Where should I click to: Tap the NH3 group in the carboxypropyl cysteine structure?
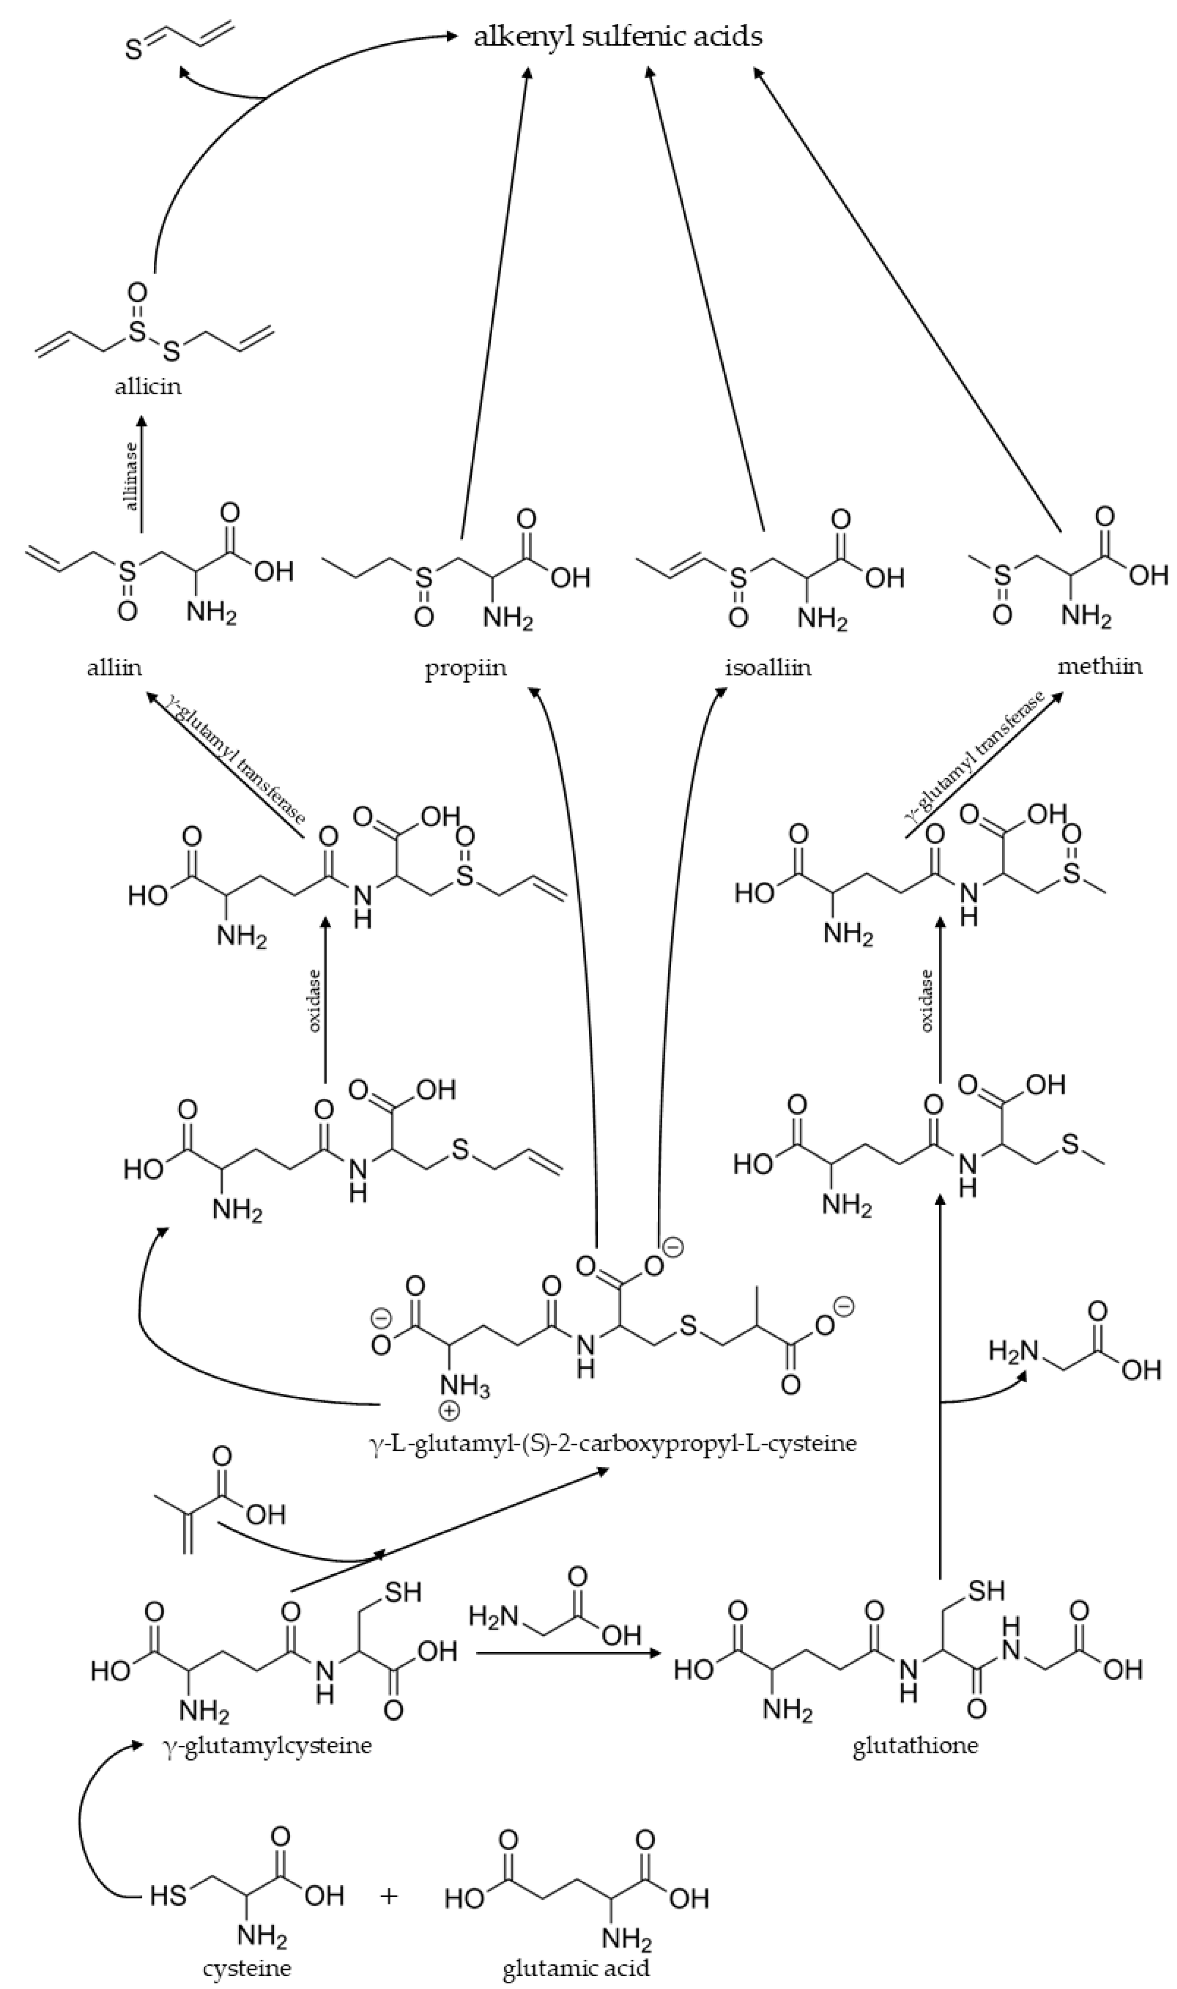click(x=466, y=1388)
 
